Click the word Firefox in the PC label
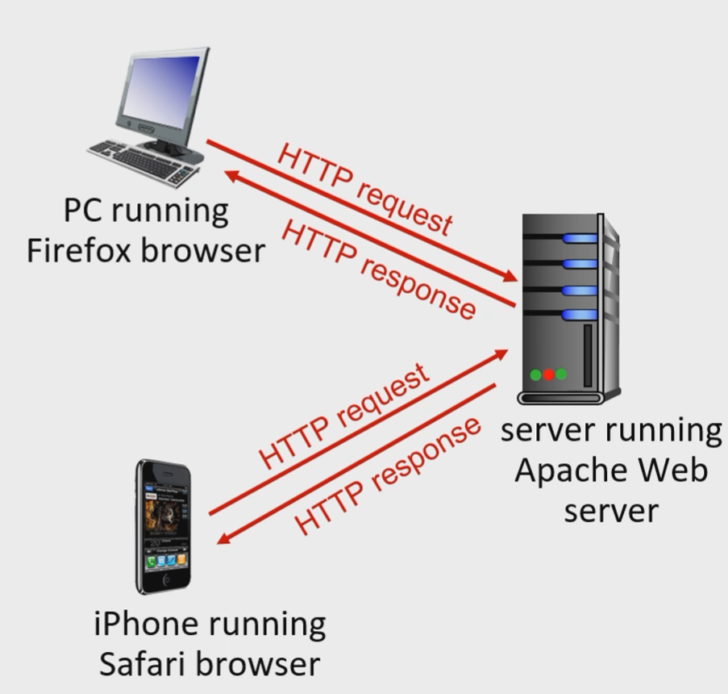(77, 250)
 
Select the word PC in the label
(83, 211)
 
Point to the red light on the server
(548, 374)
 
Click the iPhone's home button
(166, 579)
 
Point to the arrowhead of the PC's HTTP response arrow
(230, 174)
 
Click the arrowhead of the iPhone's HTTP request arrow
(501, 353)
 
